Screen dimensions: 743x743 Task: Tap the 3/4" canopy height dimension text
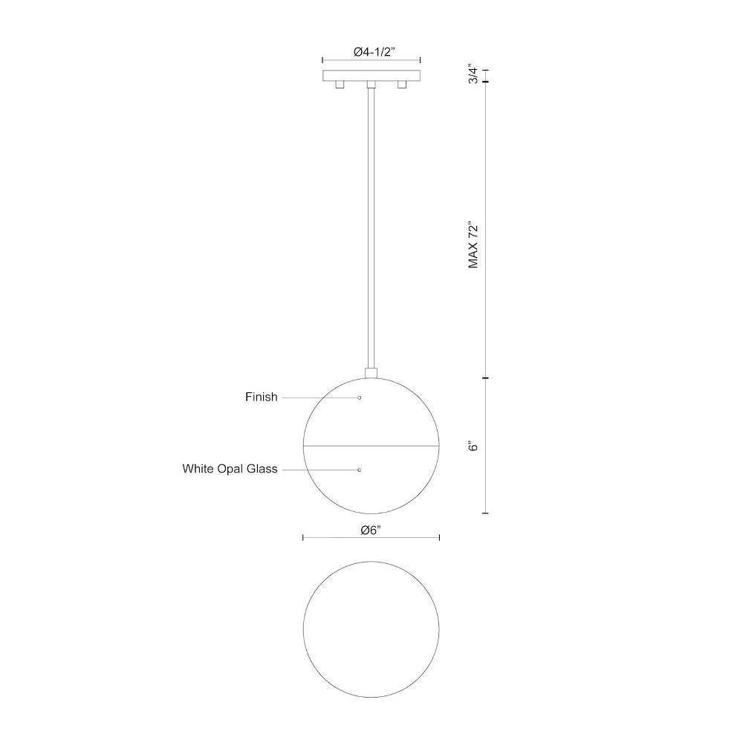473,74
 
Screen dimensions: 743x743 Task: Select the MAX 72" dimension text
473,244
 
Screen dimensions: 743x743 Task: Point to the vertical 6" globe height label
473,446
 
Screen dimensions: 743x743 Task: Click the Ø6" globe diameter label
371,531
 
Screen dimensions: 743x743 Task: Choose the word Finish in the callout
261,397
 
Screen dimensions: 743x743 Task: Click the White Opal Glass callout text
230,469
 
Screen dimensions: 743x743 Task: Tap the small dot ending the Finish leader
360,398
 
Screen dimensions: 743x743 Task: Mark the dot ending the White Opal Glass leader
359,470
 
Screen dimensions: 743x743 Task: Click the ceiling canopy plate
371,75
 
